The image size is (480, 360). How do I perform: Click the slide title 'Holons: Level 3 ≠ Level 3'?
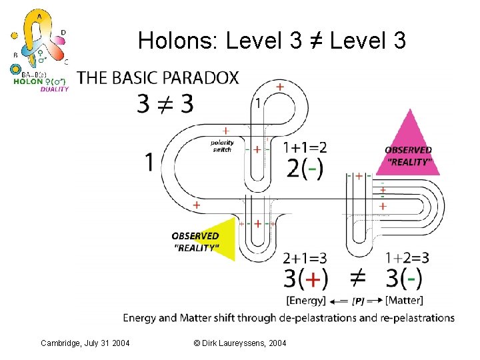[271, 41]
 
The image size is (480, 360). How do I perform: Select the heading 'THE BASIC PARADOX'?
[157, 78]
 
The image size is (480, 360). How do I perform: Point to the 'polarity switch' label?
[222, 146]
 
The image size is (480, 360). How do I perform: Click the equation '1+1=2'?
[305, 147]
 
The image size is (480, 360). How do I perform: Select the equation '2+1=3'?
[305, 258]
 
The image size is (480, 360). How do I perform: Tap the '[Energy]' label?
[305, 301]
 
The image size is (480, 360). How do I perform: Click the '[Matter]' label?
[404, 301]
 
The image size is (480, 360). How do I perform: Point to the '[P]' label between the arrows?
[357, 302]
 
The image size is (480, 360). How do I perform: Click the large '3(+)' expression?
[306, 279]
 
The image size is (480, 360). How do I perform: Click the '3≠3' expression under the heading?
[165, 103]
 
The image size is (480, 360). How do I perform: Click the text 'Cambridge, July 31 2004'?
[84, 343]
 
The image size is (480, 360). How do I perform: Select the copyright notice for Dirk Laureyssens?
[239, 343]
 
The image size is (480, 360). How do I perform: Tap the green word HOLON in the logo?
[28, 82]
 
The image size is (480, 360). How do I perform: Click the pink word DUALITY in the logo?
[54, 89]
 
